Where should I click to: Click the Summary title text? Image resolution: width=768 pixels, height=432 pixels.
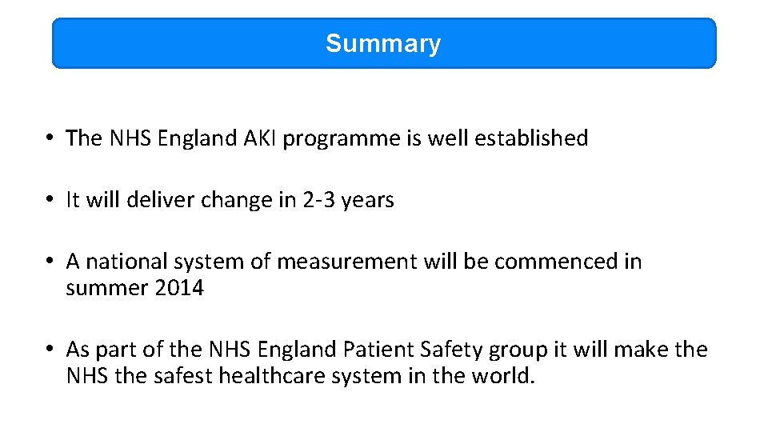point(382,43)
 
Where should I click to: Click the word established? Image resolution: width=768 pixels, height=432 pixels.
point(530,138)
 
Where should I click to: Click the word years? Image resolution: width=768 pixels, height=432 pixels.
point(367,201)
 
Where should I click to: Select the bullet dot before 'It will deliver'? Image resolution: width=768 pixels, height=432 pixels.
point(50,200)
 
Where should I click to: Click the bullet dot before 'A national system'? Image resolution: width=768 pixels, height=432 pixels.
point(50,262)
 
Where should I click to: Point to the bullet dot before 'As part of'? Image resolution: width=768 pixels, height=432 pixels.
point(50,350)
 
